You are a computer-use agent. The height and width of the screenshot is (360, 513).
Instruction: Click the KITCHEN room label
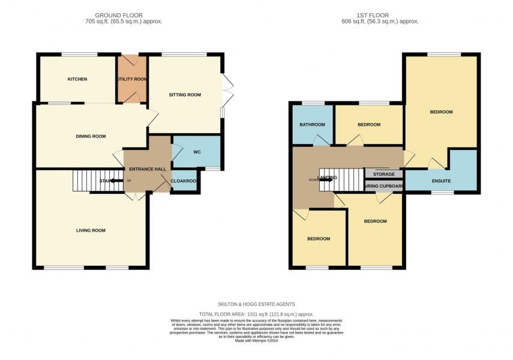[x=77, y=79]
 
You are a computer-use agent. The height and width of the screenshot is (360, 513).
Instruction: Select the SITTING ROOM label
[x=184, y=95]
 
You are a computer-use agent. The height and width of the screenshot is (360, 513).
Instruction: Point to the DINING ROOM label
[x=91, y=136]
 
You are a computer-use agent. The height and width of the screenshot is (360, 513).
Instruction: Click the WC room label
[x=197, y=152]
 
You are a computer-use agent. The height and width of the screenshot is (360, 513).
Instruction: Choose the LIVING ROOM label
[x=91, y=230]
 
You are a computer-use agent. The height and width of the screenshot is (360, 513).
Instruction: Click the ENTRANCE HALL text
[x=148, y=169]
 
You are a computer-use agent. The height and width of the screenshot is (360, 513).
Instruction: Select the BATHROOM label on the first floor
[x=312, y=125]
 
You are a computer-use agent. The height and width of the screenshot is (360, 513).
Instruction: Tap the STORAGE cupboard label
[x=384, y=174]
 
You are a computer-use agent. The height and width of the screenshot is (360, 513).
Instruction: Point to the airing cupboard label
[x=384, y=186]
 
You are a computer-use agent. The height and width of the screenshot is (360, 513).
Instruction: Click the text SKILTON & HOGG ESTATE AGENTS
[x=256, y=304]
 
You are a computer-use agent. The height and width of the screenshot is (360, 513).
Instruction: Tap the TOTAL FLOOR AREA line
[x=256, y=314]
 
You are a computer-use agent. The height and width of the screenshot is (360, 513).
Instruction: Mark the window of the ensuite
[x=443, y=193]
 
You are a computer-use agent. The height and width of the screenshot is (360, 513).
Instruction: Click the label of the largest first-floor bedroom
[x=441, y=112]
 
